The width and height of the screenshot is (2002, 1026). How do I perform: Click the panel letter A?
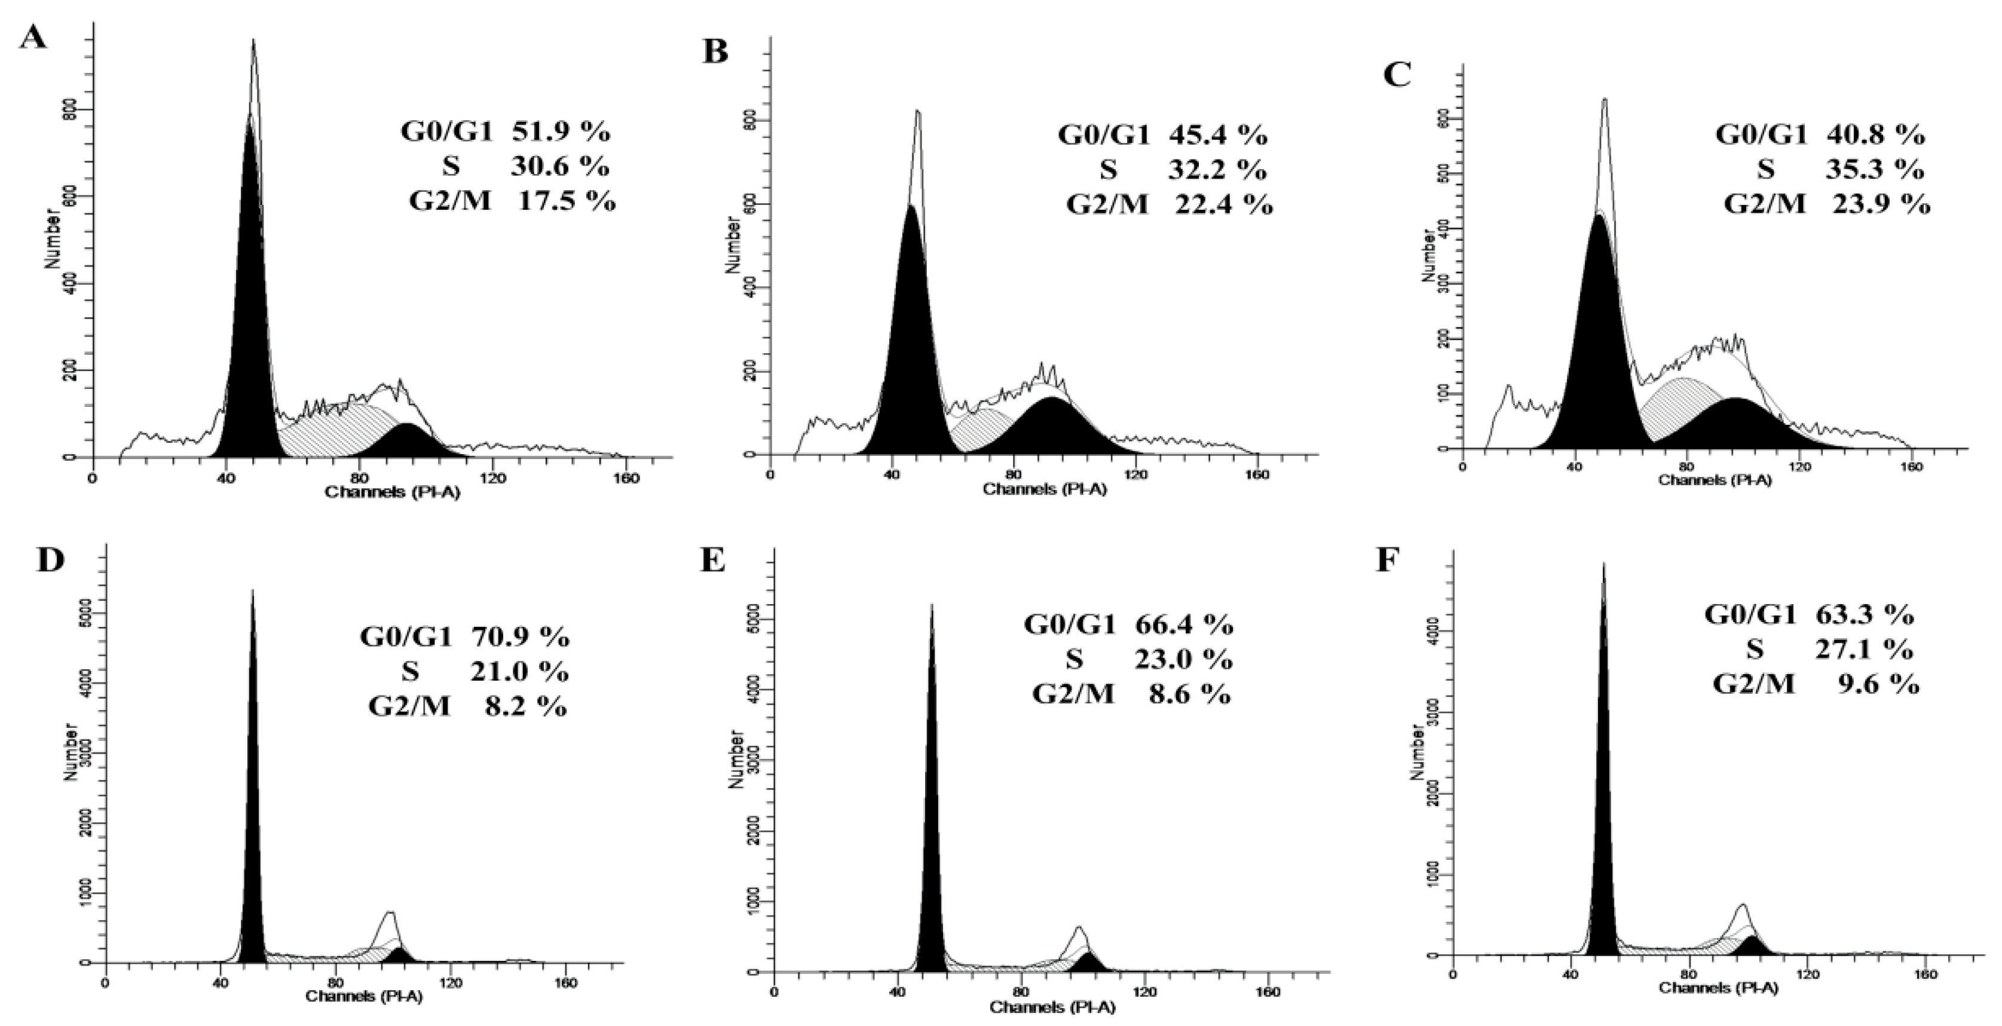[33, 37]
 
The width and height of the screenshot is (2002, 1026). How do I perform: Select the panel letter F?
[1388, 560]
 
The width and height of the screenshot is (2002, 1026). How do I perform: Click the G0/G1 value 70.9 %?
[520, 638]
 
